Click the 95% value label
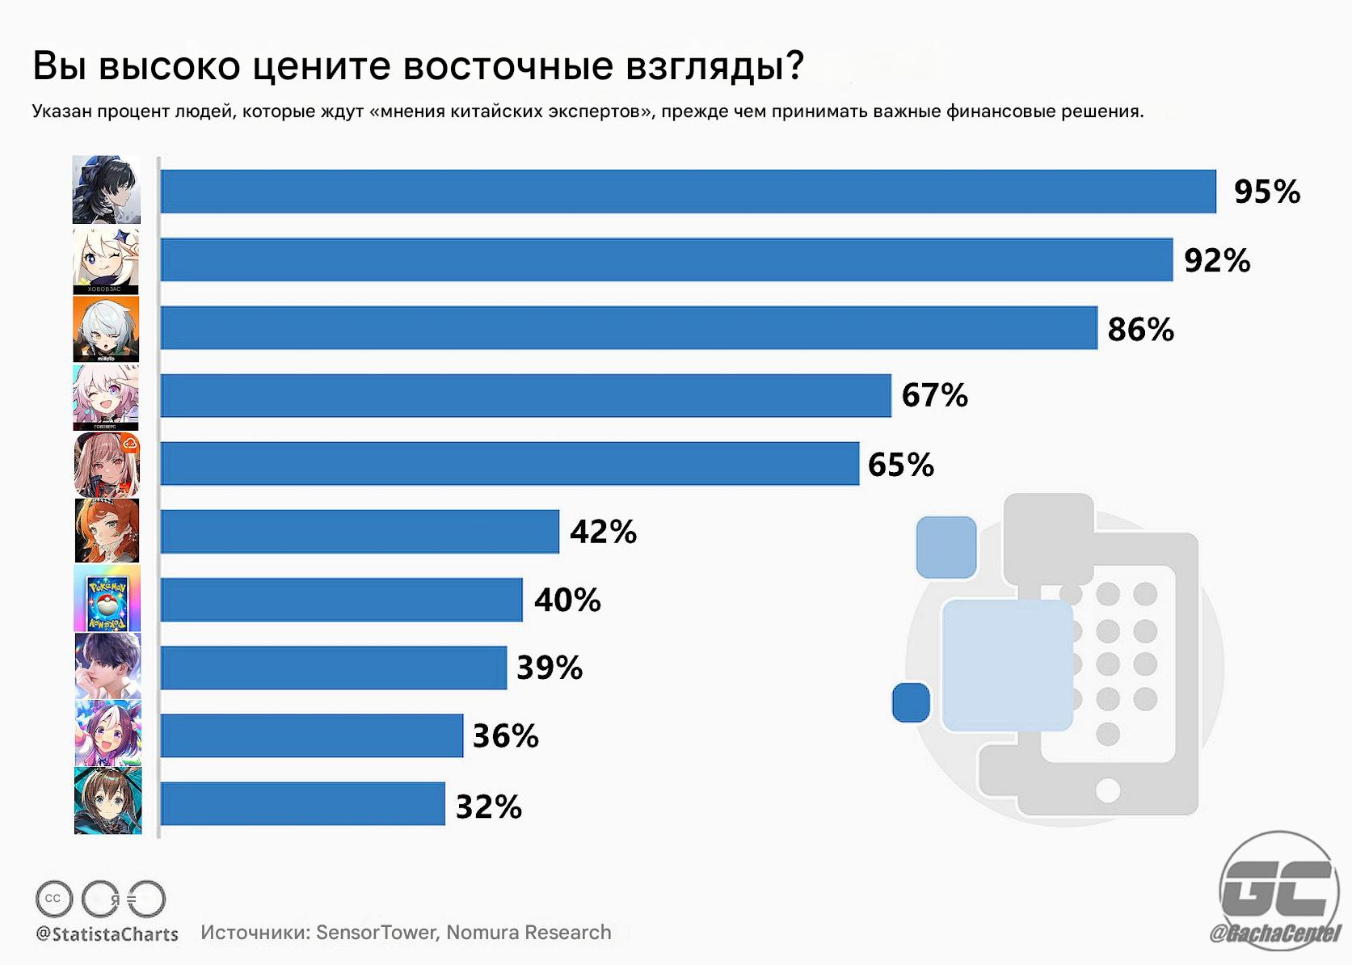[1266, 192]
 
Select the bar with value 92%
[666, 260]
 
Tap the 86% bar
[629, 328]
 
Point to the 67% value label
[934, 396]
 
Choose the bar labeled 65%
[509, 464]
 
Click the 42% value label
[603, 532]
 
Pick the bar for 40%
[341, 600]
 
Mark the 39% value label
[550, 668]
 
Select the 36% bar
[312, 735]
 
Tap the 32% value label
[489, 807]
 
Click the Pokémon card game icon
[107, 599]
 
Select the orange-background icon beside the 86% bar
[106, 329]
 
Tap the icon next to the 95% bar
[106, 190]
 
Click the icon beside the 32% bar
[107, 801]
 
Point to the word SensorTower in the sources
[377, 933]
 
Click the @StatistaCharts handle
[107, 934]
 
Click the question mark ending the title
[794, 66]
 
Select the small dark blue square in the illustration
[911, 702]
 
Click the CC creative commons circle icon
[53, 899]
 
